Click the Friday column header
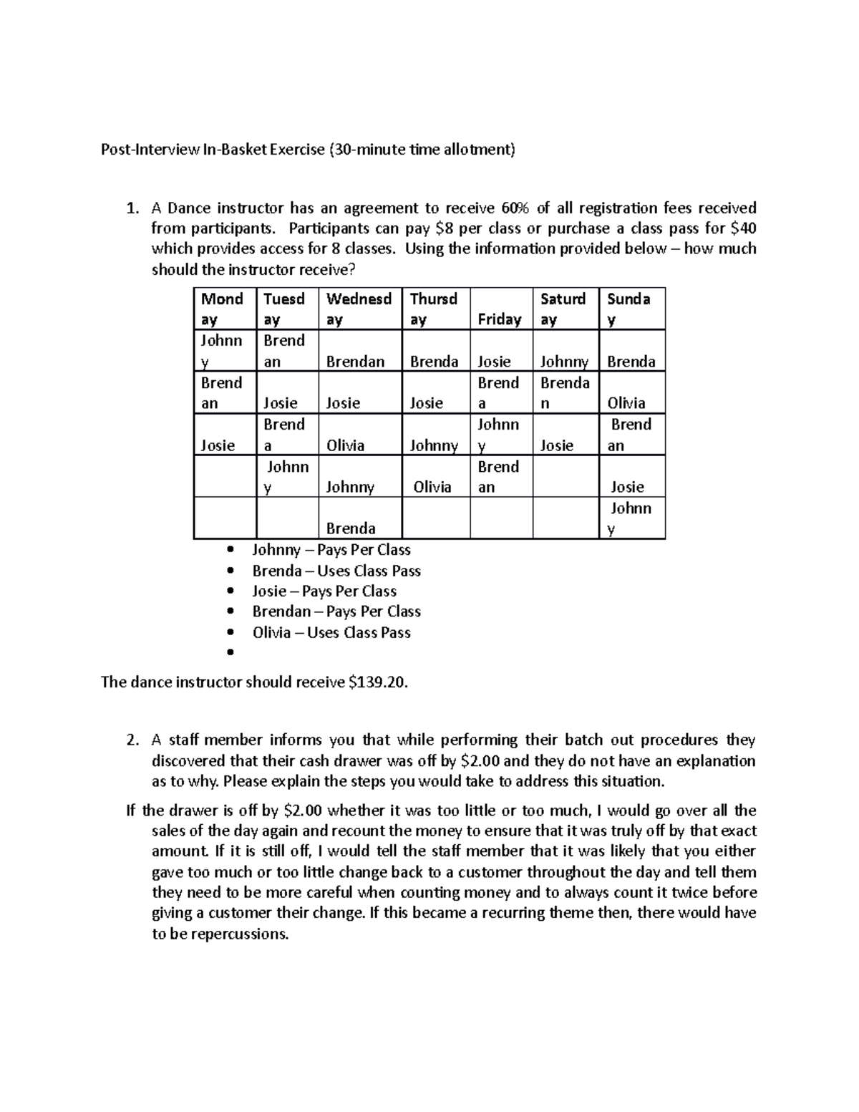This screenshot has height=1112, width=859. click(x=499, y=319)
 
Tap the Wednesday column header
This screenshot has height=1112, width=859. click(x=359, y=309)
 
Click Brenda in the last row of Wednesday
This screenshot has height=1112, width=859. click(x=351, y=528)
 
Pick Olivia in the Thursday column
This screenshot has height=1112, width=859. click(x=432, y=487)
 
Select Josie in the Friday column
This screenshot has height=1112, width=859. click(x=494, y=361)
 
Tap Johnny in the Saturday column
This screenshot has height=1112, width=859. click(x=564, y=361)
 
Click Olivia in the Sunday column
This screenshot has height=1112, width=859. click(x=626, y=403)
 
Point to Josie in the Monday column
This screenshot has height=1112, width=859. click(x=218, y=445)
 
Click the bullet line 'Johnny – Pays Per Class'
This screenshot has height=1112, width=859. click(x=331, y=550)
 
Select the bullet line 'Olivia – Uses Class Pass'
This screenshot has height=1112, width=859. click(x=331, y=632)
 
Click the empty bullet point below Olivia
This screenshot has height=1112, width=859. click(x=230, y=652)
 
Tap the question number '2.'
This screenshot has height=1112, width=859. click(x=131, y=740)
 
